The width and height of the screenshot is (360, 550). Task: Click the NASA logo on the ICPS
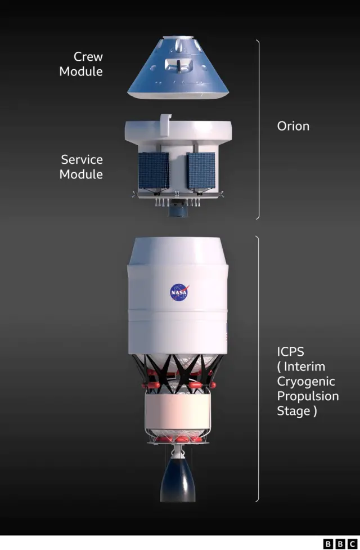pos(179,292)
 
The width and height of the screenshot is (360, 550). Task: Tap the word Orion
pos(293,126)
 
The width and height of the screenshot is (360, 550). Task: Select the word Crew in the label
pos(88,56)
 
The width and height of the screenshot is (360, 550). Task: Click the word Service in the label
pos(82,160)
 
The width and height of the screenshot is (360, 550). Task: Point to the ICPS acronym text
pos(291,351)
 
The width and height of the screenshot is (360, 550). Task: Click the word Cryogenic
pos(306,382)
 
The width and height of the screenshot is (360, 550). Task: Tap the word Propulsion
pos(308,396)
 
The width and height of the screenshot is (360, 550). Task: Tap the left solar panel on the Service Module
pos(154,171)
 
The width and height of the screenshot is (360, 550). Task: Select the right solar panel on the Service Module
pos(201,171)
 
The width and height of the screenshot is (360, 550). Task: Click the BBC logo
pos(340,544)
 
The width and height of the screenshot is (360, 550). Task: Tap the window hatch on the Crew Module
pos(178,65)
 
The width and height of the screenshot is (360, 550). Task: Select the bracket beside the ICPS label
pos(259,369)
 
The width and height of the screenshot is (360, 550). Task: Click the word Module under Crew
pos(81,71)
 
